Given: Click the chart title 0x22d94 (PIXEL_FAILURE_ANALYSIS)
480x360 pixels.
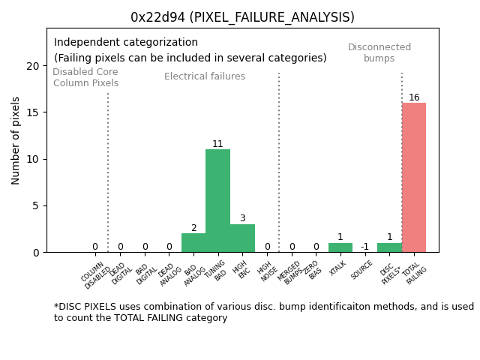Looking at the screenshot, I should [x=242, y=17].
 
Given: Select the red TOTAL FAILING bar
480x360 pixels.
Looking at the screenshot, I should [x=414, y=178].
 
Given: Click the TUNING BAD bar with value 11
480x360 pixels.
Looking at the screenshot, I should [x=217, y=201].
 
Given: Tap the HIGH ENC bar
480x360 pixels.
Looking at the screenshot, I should [x=242, y=238].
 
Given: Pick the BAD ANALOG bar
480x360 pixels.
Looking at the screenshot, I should [x=193, y=243].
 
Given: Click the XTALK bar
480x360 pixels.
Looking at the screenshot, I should [x=340, y=247].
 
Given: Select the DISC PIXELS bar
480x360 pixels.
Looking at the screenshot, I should [x=389, y=247].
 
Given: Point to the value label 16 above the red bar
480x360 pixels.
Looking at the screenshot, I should [x=414, y=97].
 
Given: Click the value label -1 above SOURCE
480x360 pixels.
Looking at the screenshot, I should [x=364, y=247].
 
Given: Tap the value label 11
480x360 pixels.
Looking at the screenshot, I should [x=217, y=144].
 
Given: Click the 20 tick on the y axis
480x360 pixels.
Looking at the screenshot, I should [x=33, y=66].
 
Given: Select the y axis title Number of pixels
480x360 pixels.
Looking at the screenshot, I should [x=16, y=140].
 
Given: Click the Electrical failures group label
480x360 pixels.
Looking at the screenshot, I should [x=205, y=76].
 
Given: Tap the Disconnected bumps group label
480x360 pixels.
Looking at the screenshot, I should [x=379, y=52].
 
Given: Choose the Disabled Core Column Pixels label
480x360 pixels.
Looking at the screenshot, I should [x=85, y=77].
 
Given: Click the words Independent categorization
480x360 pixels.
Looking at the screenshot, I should [x=126, y=43].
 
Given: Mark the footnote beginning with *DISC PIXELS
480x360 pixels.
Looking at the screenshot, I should [x=263, y=312].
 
